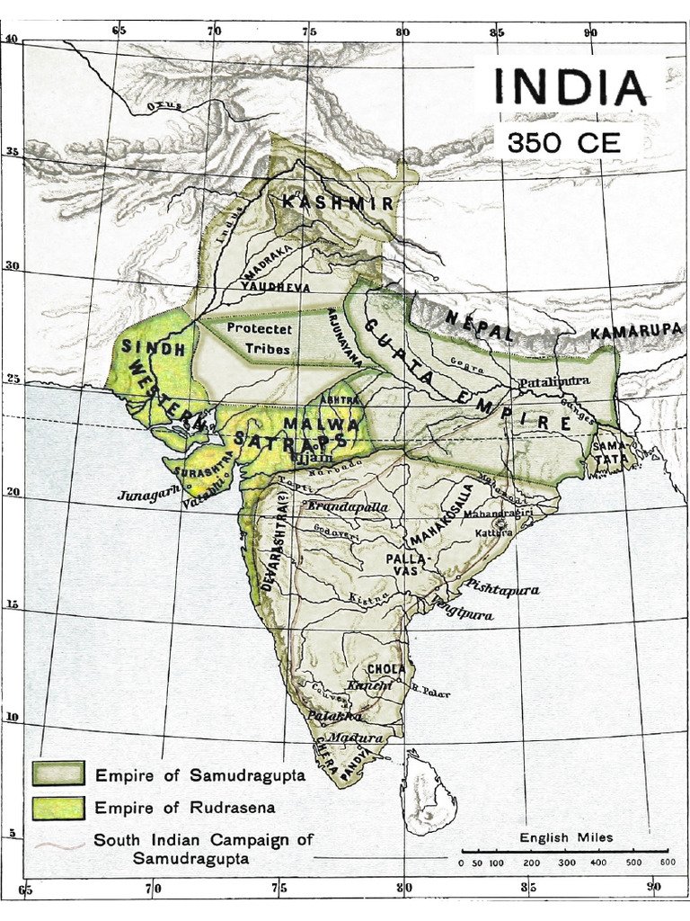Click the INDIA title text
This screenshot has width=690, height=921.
coord(569,88)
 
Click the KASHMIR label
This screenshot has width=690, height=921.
coord(338,203)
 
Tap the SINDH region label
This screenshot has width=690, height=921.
coord(153,347)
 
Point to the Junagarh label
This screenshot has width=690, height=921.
coord(148,493)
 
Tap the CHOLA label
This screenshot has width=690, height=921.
coord(386,669)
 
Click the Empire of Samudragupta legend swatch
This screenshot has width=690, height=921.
coord(58,773)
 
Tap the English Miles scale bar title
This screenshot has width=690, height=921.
coord(566,837)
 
